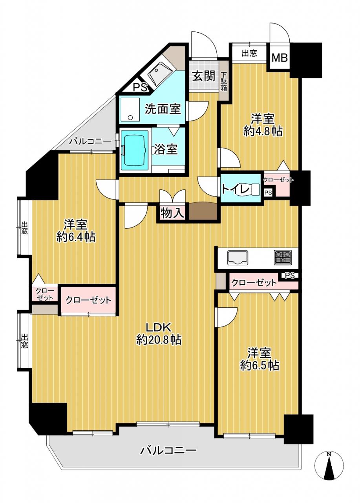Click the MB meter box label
280,58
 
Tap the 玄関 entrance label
204,76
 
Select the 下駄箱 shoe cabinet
224,81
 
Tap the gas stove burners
283,257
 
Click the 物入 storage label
172,213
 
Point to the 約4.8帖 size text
263,131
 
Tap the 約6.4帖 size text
76,237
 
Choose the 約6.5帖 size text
259,365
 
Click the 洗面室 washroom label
163,109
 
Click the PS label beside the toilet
268,193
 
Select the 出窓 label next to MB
249,53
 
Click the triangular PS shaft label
140,87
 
